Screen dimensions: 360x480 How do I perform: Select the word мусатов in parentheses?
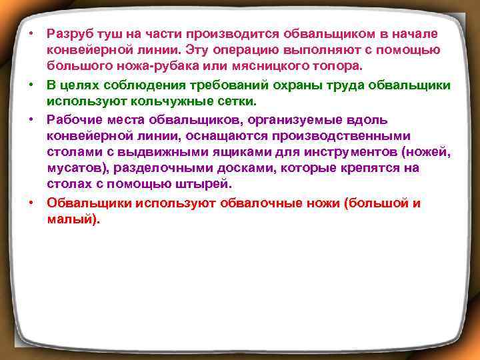(x=73, y=168)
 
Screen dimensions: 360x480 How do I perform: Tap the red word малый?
(x=71, y=219)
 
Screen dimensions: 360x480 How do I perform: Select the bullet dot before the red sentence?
(x=31, y=202)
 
